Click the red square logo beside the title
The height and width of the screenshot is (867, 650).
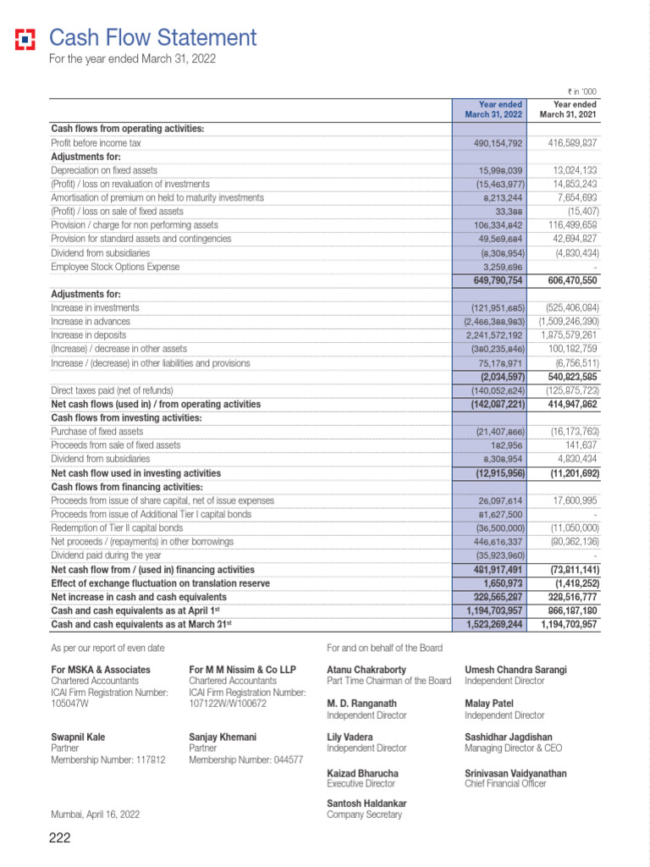tap(25, 39)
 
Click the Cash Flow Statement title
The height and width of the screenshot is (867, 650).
tap(152, 38)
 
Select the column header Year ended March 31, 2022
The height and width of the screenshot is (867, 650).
tap(493, 109)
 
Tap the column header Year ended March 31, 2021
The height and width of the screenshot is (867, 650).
tap(568, 109)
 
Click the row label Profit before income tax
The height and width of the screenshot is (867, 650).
tap(96, 143)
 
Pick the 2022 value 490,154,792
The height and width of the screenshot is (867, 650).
tap(498, 144)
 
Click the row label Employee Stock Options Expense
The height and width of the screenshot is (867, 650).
tap(115, 267)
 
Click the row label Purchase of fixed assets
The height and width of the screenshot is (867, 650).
tap(97, 432)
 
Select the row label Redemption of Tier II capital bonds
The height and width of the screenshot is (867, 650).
tap(117, 527)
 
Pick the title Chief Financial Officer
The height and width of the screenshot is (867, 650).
tap(505, 784)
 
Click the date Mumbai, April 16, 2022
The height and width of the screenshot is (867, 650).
tap(96, 815)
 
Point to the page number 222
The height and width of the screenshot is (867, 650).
tap(59, 839)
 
